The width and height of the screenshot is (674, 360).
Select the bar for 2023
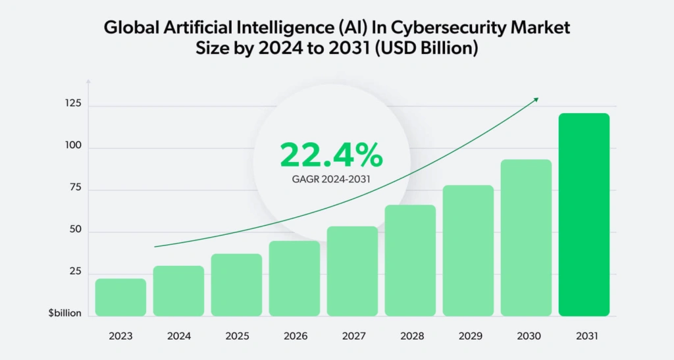120,297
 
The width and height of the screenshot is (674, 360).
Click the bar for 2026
294,278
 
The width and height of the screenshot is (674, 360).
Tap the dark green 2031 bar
584,215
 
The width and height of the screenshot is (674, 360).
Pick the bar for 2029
468,251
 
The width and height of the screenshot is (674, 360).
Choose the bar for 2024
178,291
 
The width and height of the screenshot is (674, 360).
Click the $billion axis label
65,313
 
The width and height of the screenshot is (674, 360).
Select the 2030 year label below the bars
526,336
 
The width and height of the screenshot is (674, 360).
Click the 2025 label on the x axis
236,336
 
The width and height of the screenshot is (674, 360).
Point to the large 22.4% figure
331,155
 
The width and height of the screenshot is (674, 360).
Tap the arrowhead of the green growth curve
536,99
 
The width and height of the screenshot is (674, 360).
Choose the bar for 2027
352,271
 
